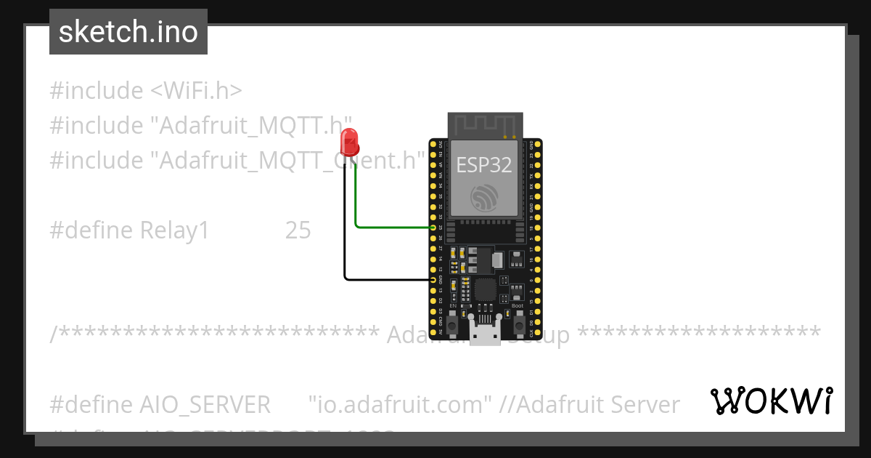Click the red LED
(350, 142)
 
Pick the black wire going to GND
(385, 279)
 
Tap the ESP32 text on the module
(483, 165)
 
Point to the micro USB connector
(485, 334)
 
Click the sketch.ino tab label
(128, 32)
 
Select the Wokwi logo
(771, 401)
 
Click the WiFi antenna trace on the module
(485, 124)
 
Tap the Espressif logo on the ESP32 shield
(484, 197)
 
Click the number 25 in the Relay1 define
(298, 230)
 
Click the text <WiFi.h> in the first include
(196, 91)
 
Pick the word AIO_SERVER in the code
(204, 404)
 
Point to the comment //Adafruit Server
(589, 404)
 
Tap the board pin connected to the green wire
(433, 228)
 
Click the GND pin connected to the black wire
(433, 279)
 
